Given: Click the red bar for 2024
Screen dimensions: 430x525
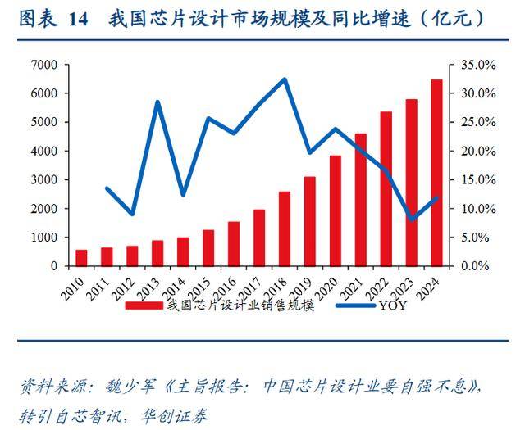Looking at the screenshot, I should (436, 173).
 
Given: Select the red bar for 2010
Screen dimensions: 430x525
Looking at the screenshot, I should (81, 258).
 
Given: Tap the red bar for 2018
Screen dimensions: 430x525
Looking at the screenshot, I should (284, 229).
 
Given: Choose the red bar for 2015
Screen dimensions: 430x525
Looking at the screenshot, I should (208, 247).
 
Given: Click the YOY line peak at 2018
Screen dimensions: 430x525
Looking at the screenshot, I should (284, 79).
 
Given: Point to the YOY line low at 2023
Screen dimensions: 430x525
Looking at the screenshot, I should (412, 220).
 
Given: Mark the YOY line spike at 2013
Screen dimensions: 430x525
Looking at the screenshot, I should (157, 102).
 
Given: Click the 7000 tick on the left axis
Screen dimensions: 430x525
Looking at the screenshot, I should (44, 65).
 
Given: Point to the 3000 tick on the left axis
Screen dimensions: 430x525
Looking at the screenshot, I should (44, 180).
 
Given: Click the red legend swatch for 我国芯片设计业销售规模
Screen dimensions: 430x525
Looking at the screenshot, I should (144, 306).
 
